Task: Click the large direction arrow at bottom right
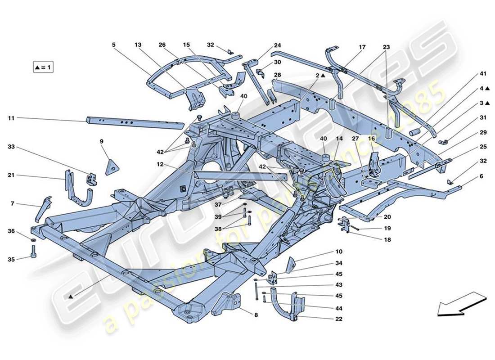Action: click(461, 304)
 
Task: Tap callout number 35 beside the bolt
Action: click(12, 259)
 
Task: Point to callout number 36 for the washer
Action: click(12, 231)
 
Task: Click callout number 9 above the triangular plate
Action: click(102, 141)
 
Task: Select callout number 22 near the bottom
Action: click(338, 319)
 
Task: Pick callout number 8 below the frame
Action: click(256, 315)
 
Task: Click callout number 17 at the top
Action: click(362, 47)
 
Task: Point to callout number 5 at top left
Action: click(114, 45)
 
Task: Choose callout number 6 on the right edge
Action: click(481, 176)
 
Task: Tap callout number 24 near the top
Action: click(277, 45)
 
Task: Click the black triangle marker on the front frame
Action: click(71, 297)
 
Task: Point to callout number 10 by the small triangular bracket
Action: click(339, 252)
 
